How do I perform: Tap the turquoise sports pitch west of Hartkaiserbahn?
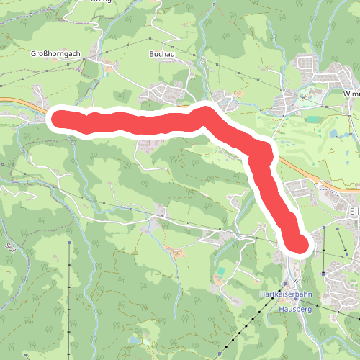click(x=220, y=272)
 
